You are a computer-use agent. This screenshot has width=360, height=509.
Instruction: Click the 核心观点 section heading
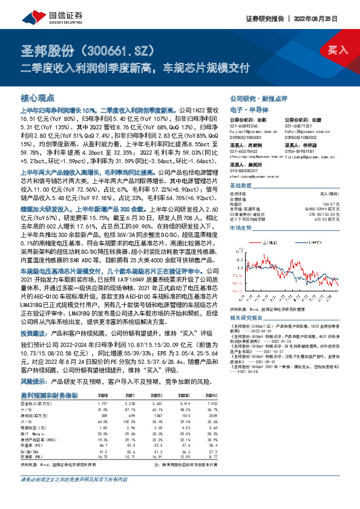pos(38,97)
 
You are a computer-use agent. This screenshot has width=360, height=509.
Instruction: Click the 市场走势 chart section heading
pos(240,229)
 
